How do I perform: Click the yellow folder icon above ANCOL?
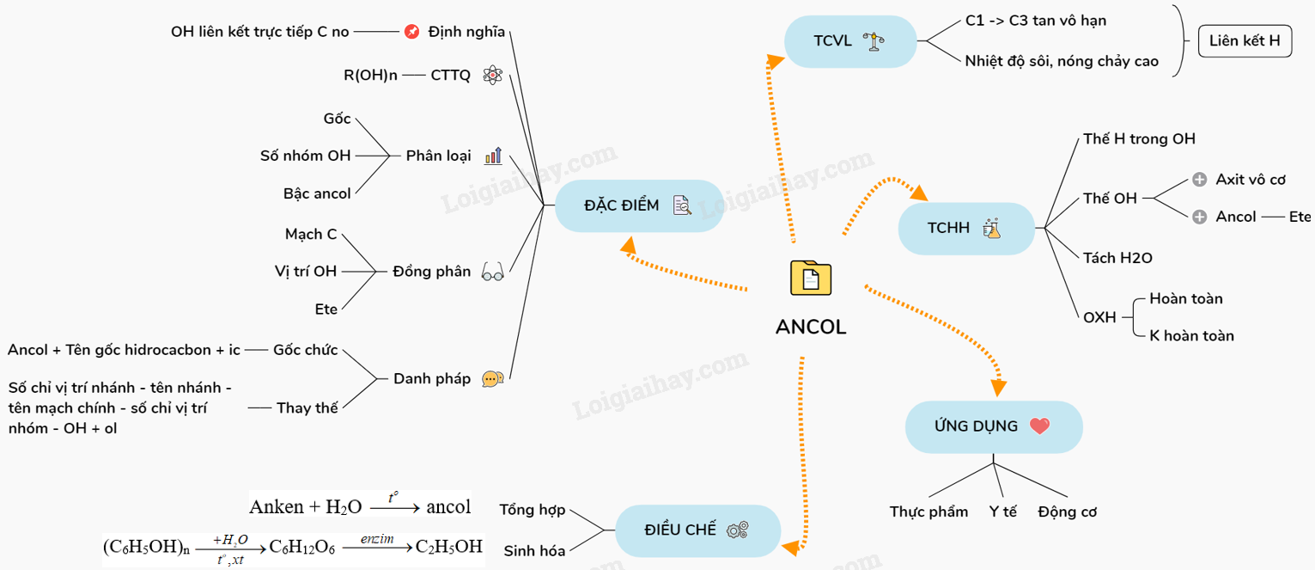810,278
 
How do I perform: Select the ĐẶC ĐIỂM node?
638,205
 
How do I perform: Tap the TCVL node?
850,41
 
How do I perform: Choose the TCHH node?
965,228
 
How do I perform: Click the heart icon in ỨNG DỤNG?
1039,426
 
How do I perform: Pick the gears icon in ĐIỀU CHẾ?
737,530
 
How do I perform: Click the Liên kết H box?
1244,40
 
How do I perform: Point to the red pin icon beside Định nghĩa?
411,32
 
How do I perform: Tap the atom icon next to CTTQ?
491,75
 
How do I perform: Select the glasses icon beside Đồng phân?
492,272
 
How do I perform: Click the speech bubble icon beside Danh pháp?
492,378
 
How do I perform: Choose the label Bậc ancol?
317,193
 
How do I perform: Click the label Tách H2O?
1117,258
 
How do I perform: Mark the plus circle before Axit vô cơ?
1200,180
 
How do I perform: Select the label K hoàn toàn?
1191,335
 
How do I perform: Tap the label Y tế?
1002,512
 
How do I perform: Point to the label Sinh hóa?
534,551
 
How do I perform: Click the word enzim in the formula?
377,539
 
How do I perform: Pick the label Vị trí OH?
306,271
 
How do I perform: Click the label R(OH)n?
370,75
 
